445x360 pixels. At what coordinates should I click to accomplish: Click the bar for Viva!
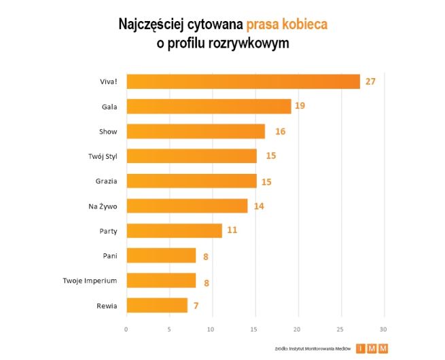[243, 82]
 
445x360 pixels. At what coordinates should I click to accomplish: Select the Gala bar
[209, 107]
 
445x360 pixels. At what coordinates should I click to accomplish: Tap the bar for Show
[196, 131]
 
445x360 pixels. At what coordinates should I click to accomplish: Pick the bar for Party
[174, 230]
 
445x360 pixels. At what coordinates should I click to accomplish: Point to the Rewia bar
[157, 305]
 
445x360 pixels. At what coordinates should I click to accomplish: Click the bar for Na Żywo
[187, 206]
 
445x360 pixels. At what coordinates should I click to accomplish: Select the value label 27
[370, 82]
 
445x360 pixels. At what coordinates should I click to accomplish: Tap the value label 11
[232, 230]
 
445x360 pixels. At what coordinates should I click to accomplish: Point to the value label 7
[196, 305]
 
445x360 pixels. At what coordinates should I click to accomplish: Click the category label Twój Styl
[102, 156]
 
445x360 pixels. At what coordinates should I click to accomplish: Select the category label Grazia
[107, 181]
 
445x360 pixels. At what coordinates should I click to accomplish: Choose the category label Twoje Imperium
[90, 281]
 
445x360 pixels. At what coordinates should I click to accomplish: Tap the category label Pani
[109, 255]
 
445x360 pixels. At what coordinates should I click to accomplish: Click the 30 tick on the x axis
[385, 329]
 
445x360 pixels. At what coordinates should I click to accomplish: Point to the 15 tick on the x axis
[255, 329]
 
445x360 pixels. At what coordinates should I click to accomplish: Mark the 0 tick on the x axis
[126, 329]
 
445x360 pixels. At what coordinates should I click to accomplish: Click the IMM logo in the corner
[372, 348]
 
